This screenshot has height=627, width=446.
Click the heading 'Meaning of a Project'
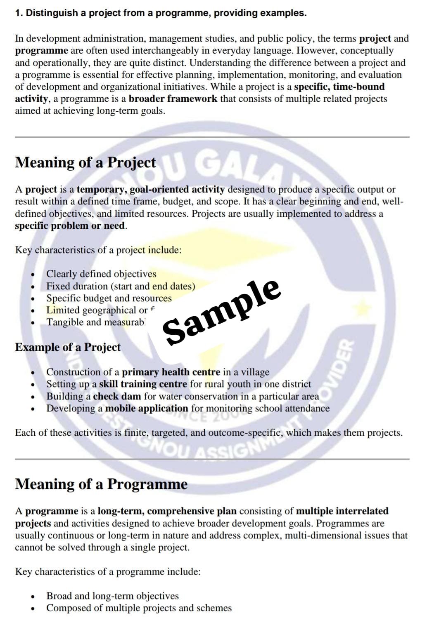(x=85, y=162)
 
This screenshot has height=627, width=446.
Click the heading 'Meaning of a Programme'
(x=101, y=484)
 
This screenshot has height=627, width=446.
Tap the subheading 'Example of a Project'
(x=68, y=347)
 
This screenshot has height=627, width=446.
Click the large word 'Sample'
(x=222, y=312)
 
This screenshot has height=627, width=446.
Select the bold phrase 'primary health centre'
(x=171, y=372)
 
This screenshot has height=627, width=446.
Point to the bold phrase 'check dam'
(x=117, y=396)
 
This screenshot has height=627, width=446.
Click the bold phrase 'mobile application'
(x=147, y=409)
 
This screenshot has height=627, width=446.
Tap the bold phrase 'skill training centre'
(x=143, y=384)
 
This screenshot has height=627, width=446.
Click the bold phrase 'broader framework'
(x=173, y=99)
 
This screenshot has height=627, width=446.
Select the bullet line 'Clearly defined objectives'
(x=101, y=274)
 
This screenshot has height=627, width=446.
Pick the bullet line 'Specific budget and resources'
(x=109, y=298)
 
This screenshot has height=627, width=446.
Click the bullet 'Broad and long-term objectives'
(x=112, y=596)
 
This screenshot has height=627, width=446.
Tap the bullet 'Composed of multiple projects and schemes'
(x=139, y=608)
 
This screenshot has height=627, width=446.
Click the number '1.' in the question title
(x=19, y=13)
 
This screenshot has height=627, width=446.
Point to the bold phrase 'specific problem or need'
(x=69, y=226)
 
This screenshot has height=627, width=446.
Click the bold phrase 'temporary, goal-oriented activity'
(x=150, y=190)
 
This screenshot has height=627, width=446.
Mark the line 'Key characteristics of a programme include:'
(x=108, y=572)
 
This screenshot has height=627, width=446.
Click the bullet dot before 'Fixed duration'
(x=33, y=286)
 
